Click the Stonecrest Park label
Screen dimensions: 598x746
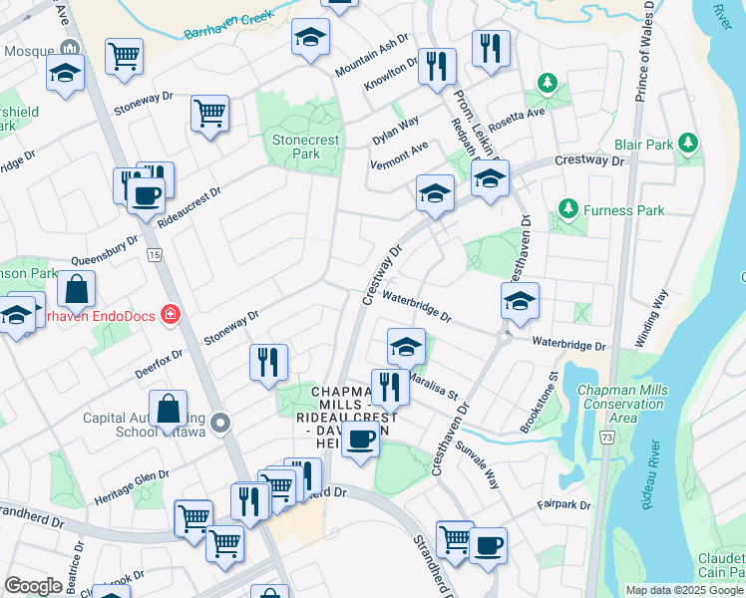pyautogui.click(x=295, y=148)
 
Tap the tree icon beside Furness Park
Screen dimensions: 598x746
pyautogui.click(x=567, y=209)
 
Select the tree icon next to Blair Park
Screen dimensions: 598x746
pyautogui.click(x=686, y=144)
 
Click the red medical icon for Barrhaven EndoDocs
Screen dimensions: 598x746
pyautogui.click(x=171, y=316)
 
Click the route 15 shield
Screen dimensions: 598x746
pyautogui.click(x=153, y=255)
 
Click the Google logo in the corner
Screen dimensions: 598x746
pyautogui.click(x=33, y=585)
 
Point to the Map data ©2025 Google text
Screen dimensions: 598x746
pyautogui.click(x=684, y=591)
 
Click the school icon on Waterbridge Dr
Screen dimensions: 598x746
pyautogui.click(x=519, y=301)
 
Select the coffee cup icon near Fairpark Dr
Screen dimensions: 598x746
pyautogui.click(x=488, y=545)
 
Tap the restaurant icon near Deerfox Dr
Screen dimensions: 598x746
pyautogui.click(x=267, y=362)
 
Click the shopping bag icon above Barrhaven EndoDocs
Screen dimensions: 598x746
pyautogui.click(x=77, y=291)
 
